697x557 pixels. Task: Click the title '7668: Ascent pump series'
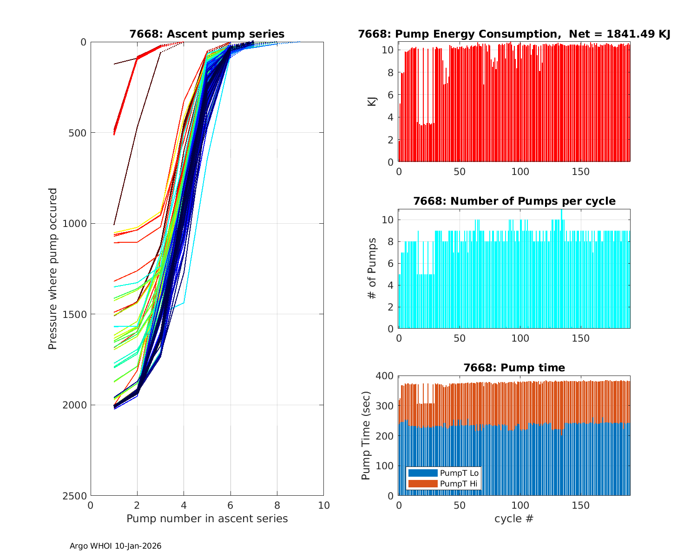207,34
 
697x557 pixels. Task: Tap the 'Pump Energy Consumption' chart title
514,34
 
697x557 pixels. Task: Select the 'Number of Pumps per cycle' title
514,201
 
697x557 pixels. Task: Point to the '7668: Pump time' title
514,368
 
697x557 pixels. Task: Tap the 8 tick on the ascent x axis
277,505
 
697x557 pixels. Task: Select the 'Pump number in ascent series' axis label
207,519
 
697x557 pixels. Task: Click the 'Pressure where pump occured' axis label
53,268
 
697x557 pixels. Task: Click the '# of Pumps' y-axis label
372,268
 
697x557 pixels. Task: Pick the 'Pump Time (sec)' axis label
366,435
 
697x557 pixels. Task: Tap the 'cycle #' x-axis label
514,519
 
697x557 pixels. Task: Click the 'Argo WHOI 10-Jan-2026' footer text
116,546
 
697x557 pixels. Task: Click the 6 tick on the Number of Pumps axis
391,263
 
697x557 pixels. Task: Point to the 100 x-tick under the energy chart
520,172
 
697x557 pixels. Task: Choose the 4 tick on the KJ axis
391,117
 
